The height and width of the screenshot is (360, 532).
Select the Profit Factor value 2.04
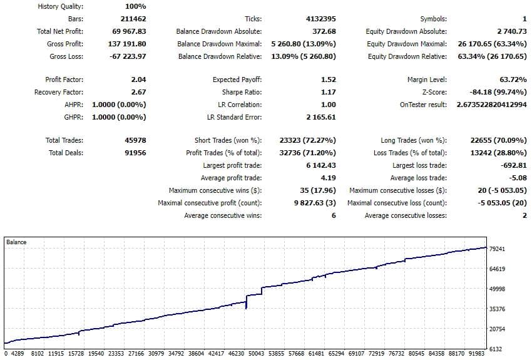tap(138, 80)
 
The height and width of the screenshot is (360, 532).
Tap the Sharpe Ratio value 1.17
tap(328, 93)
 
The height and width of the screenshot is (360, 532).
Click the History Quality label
tap(61, 7)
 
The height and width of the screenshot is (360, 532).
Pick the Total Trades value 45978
tap(135, 141)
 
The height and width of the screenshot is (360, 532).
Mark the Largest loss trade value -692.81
tap(513, 166)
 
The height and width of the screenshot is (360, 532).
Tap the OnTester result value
tap(492, 105)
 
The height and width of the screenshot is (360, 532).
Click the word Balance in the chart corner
tap(16, 242)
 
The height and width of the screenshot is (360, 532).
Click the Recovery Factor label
tap(59, 93)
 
